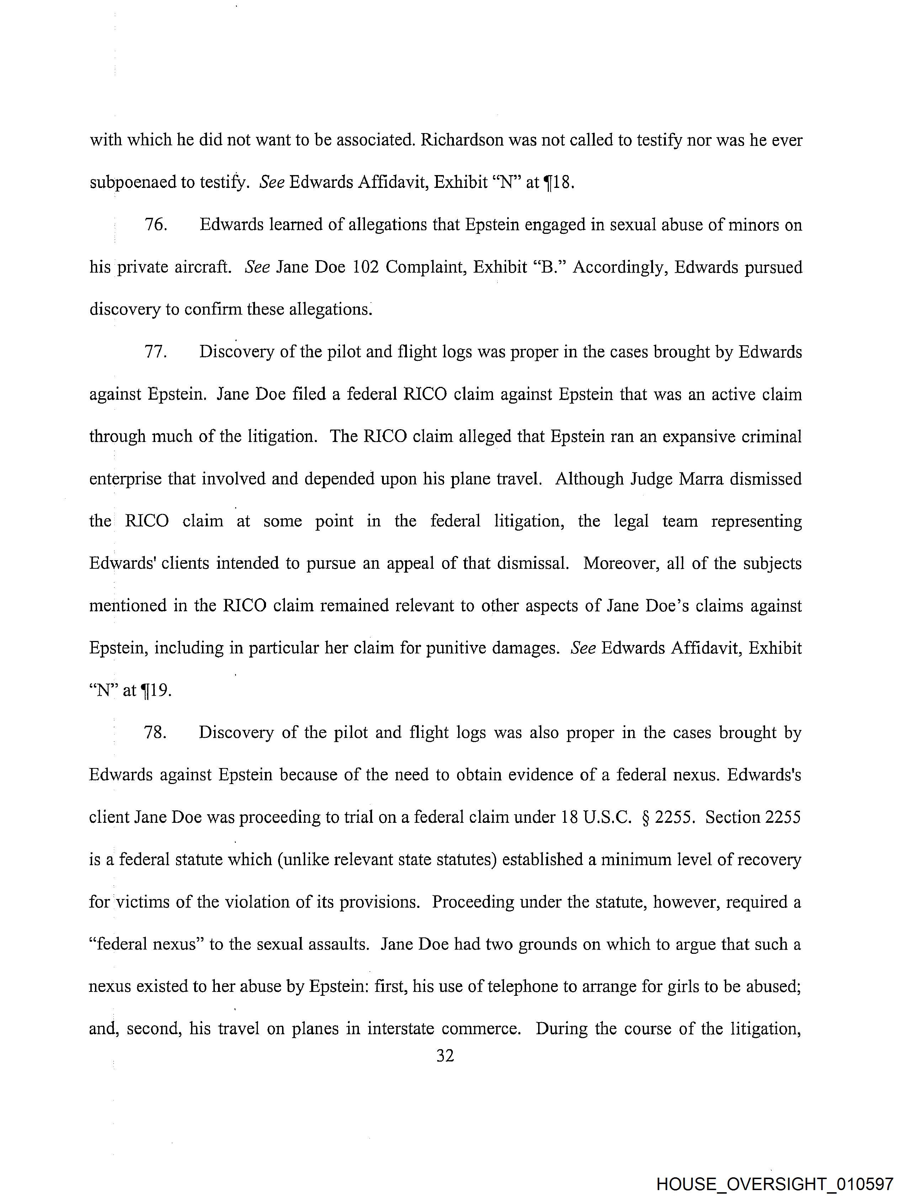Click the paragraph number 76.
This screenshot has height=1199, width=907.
155,225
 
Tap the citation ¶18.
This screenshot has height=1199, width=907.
558,183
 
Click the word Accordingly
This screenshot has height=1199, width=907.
619,267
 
